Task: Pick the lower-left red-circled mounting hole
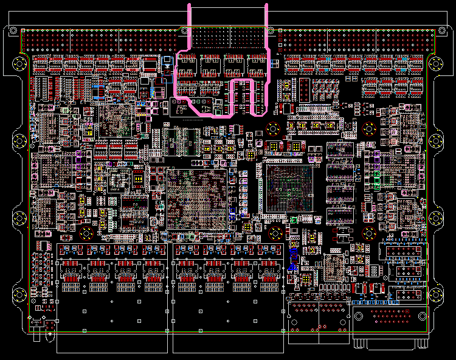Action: (x=86, y=233)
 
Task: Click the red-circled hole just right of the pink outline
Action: (x=273, y=128)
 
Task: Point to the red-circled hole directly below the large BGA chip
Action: (x=275, y=232)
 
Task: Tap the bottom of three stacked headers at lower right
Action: (x=404, y=295)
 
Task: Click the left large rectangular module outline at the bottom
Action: (x=112, y=325)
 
